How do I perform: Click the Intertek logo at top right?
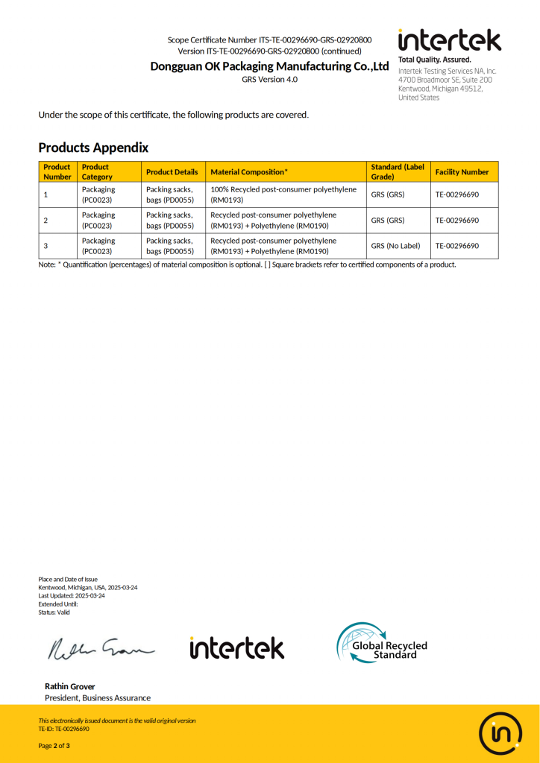point(449,40)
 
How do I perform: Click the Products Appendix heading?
point(93,148)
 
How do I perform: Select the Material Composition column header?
point(249,172)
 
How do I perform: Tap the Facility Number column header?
point(462,172)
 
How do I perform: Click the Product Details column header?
point(172,172)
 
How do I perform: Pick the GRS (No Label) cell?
point(395,246)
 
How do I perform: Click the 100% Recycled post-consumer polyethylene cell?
point(283,194)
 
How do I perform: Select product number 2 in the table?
point(46,221)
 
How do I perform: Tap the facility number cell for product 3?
point(456,246)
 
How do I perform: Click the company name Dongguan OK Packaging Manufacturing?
point(269,66)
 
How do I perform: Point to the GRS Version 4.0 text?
point(269,79)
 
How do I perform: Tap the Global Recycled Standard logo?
point(382,643)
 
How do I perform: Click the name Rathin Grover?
point(70,686)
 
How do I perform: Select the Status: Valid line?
point(54,612)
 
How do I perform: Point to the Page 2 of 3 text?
point(54,746)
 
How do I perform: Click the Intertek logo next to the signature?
point(236,648)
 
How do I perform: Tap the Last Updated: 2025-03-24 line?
point(72,596)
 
